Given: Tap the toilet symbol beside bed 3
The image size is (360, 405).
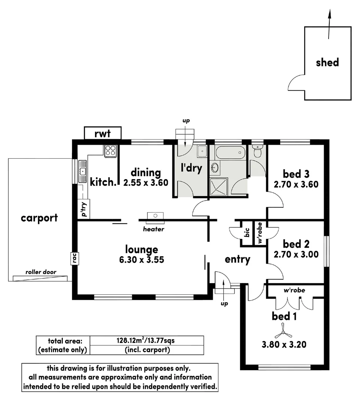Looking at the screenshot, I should tap(257, 151).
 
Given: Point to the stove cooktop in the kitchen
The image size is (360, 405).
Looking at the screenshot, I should tap(110, 150).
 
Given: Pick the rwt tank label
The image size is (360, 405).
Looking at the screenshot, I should tap(103, 133).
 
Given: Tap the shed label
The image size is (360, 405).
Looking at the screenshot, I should tap(327, 62).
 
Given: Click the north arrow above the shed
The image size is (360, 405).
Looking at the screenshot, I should tap(329, 24).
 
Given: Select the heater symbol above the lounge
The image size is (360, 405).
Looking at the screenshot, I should tap(155, 216).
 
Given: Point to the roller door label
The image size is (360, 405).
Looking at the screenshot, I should tap(39, 272).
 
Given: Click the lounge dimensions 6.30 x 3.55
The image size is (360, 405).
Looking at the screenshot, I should tap(141, 259).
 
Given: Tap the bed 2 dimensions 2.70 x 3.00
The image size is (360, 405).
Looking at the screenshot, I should tap(296, 254).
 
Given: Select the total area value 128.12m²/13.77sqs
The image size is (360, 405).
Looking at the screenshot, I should tap(147, 341).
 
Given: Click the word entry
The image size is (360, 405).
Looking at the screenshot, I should tap(237, 259).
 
